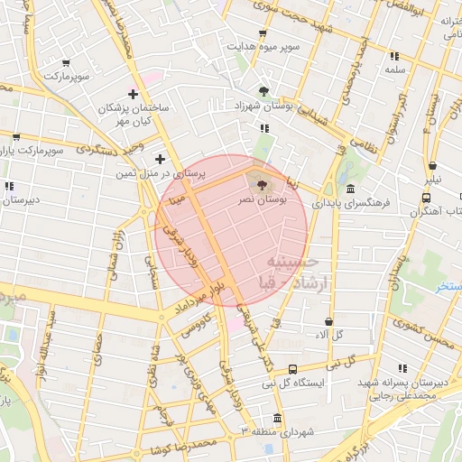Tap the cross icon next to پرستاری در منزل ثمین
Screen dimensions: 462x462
pyautogui.click(x=161, y=160)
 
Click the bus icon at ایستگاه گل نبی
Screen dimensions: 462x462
pyautogui.click(x=293, y=369)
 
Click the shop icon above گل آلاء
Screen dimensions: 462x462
pyautogui.click(x=328, y=320)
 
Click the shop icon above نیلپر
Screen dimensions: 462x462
pyautogui.click(x=433, y=165)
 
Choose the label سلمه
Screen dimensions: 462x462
pyautogui.click(x=393, y=69)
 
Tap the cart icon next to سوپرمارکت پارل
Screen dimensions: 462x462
pyautogui.click(x=16, y=138)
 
